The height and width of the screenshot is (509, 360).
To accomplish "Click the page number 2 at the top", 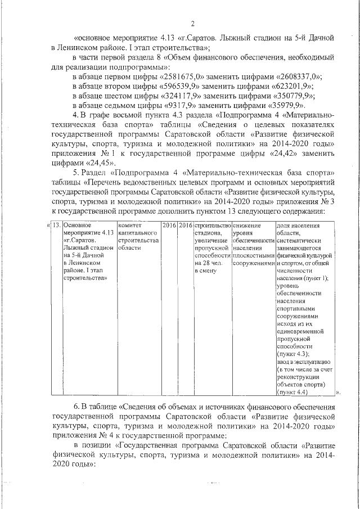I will tap(192, 23).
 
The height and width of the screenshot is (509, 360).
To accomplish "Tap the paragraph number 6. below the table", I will tap(77, 407).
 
